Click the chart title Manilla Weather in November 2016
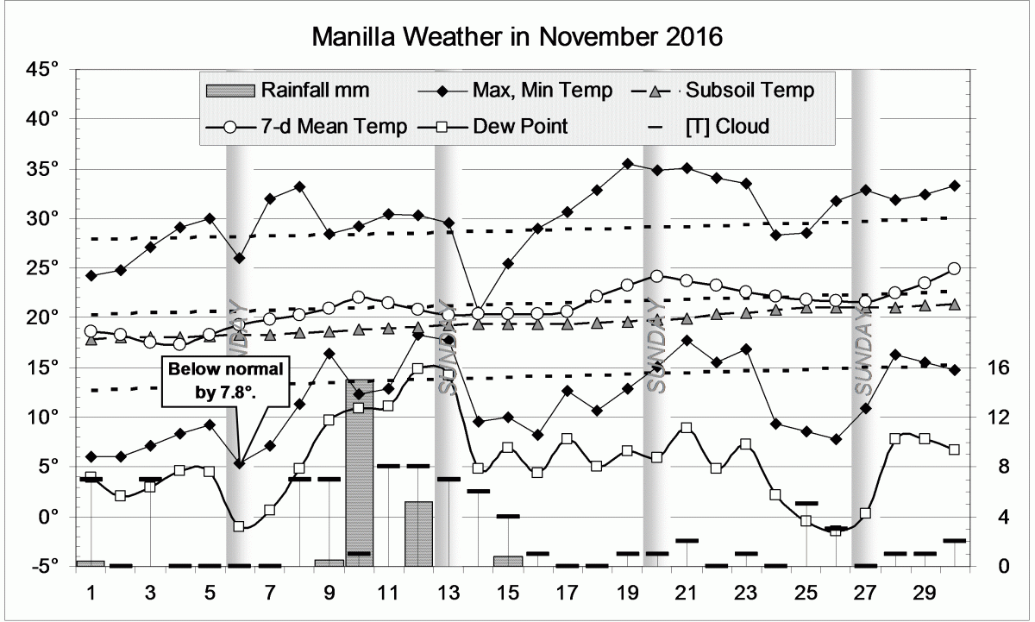click(x=516, y=38)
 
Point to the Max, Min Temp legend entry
click(x=517, y=90)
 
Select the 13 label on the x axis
click(x=448, y=594)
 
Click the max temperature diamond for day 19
click(x=628, y=163)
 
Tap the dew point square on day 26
click(x=835, y=531)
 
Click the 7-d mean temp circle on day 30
click(x=954, y=269)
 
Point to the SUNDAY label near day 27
click(x=865, y=355)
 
